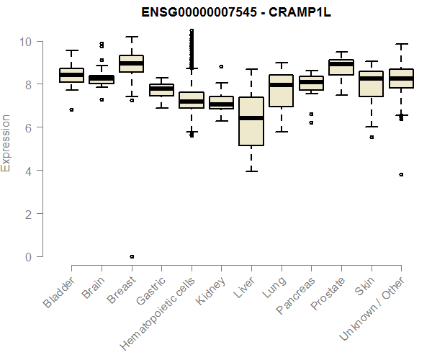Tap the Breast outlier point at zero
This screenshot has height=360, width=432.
pos(131,256)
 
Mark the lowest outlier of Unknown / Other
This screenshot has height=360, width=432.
pos(401,174)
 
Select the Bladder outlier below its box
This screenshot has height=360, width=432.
pos(71,109)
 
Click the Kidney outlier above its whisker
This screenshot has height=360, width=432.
pos(221,66)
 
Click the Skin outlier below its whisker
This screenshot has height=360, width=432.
pos(371,137)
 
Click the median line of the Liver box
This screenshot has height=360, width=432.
pos(251,118)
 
